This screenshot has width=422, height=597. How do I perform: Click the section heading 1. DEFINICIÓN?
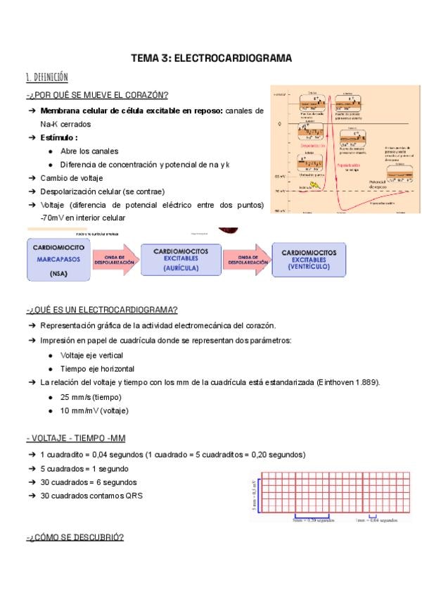(46, 77)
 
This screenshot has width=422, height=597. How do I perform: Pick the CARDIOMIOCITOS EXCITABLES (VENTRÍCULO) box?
(309, 260)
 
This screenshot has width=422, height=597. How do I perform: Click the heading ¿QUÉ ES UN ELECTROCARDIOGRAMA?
(102, 310)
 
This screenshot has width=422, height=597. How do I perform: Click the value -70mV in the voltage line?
(52, 218)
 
